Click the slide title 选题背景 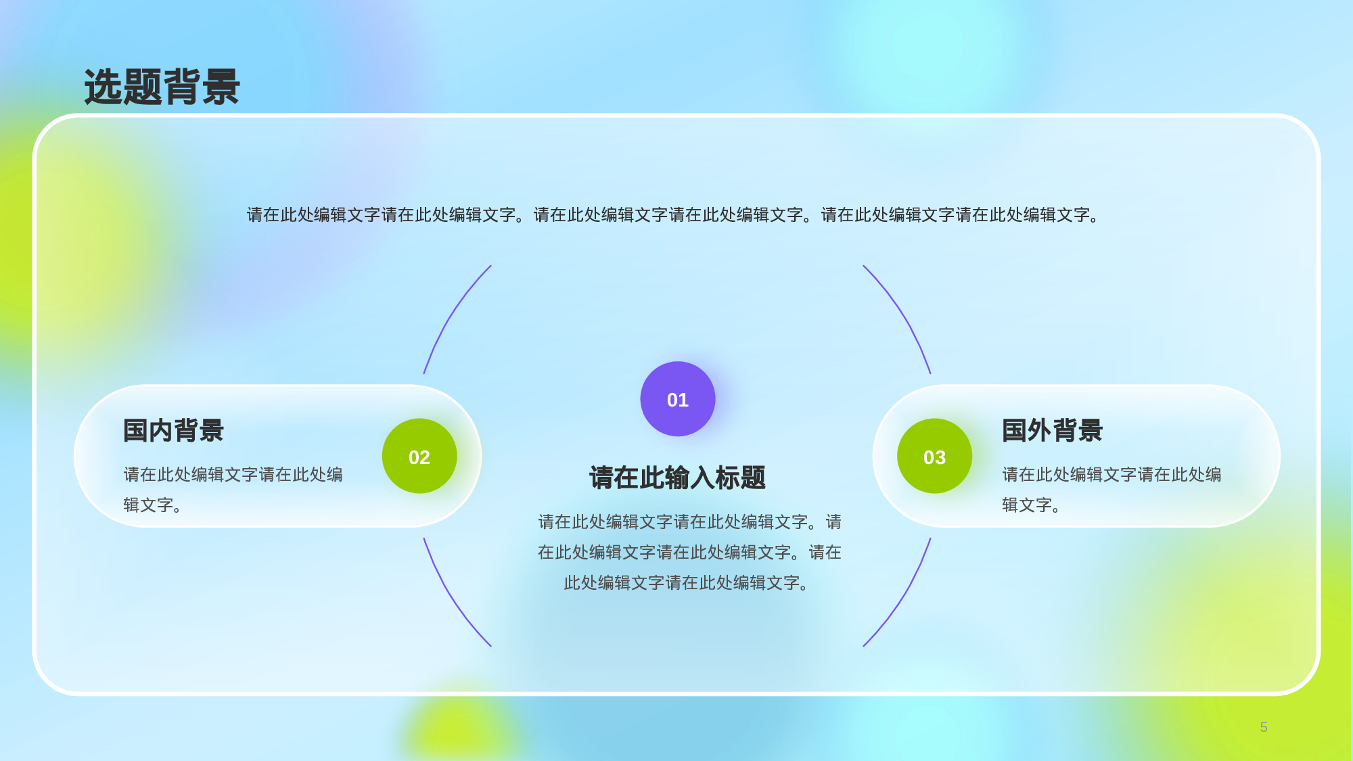point(162,87)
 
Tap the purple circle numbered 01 point(677,399)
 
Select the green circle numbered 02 point(419,457)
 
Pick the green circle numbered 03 point(934,457)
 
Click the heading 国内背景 point(173,431)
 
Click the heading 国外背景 point(1052,431)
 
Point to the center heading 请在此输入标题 point(677,478)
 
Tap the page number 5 point(1264,727)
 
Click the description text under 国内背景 point(233,489)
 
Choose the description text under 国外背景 point(1111,489)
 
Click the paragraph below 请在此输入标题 point(689,552)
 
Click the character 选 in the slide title point(104,87)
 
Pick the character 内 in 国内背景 point(173,431)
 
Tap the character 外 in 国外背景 point(1052,431)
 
